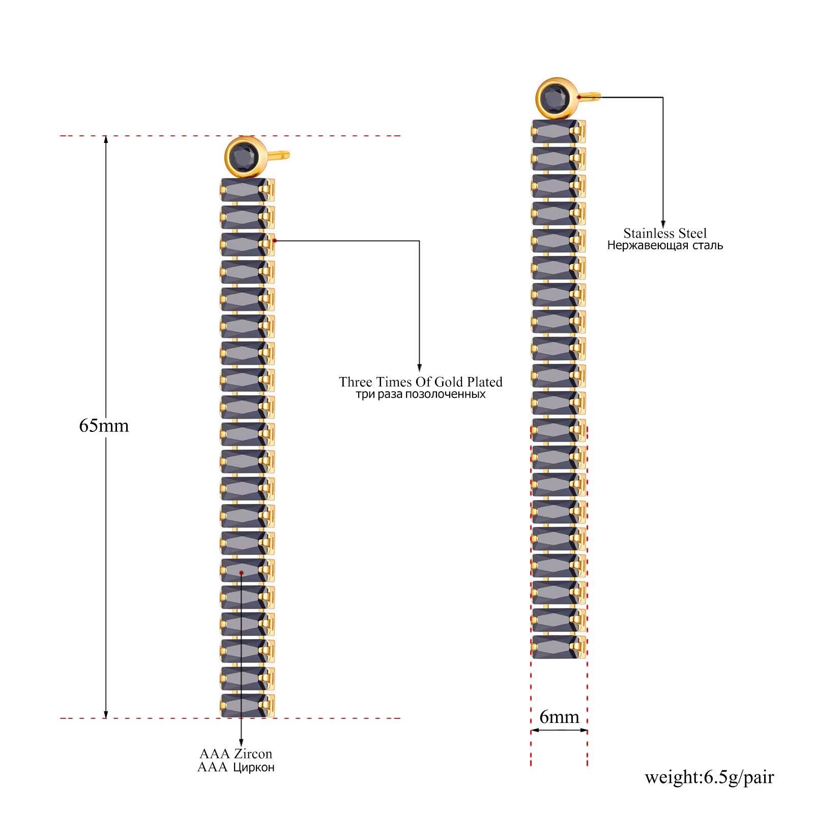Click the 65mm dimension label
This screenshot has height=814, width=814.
pyautogui.click(x=104, y=425)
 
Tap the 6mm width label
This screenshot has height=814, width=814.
pyautogui.click(x=559, y=717)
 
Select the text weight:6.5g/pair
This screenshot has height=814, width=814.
pyautogui.click(x=709, y=777)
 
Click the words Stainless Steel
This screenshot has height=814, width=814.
pyautogui.click(x=665, y=233)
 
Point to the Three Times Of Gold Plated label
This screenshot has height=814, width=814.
pyautogui.click(x=421, y=382)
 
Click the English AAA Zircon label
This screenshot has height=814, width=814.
pyautogui.click(x=236, y=753)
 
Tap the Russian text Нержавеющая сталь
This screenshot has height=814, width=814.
pyautogui.click(x=665, y=245)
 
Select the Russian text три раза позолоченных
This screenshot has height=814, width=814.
pyautogui.click(x=421, y=394)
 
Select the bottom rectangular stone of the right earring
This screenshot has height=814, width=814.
pyautogui.click(x=555, y=647)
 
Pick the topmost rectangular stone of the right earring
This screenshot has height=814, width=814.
pyautogui.click(x=555, y=132)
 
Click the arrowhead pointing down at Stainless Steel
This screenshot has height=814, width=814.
pyautogui.click(x=663, y=225)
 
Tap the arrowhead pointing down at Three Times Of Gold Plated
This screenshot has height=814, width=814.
pyautogui.click(x=419, y=368)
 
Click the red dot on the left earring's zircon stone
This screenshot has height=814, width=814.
pyautogui.click(x=241, y=573)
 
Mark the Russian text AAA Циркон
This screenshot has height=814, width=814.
pyautogui.click(x=236, y=767)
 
